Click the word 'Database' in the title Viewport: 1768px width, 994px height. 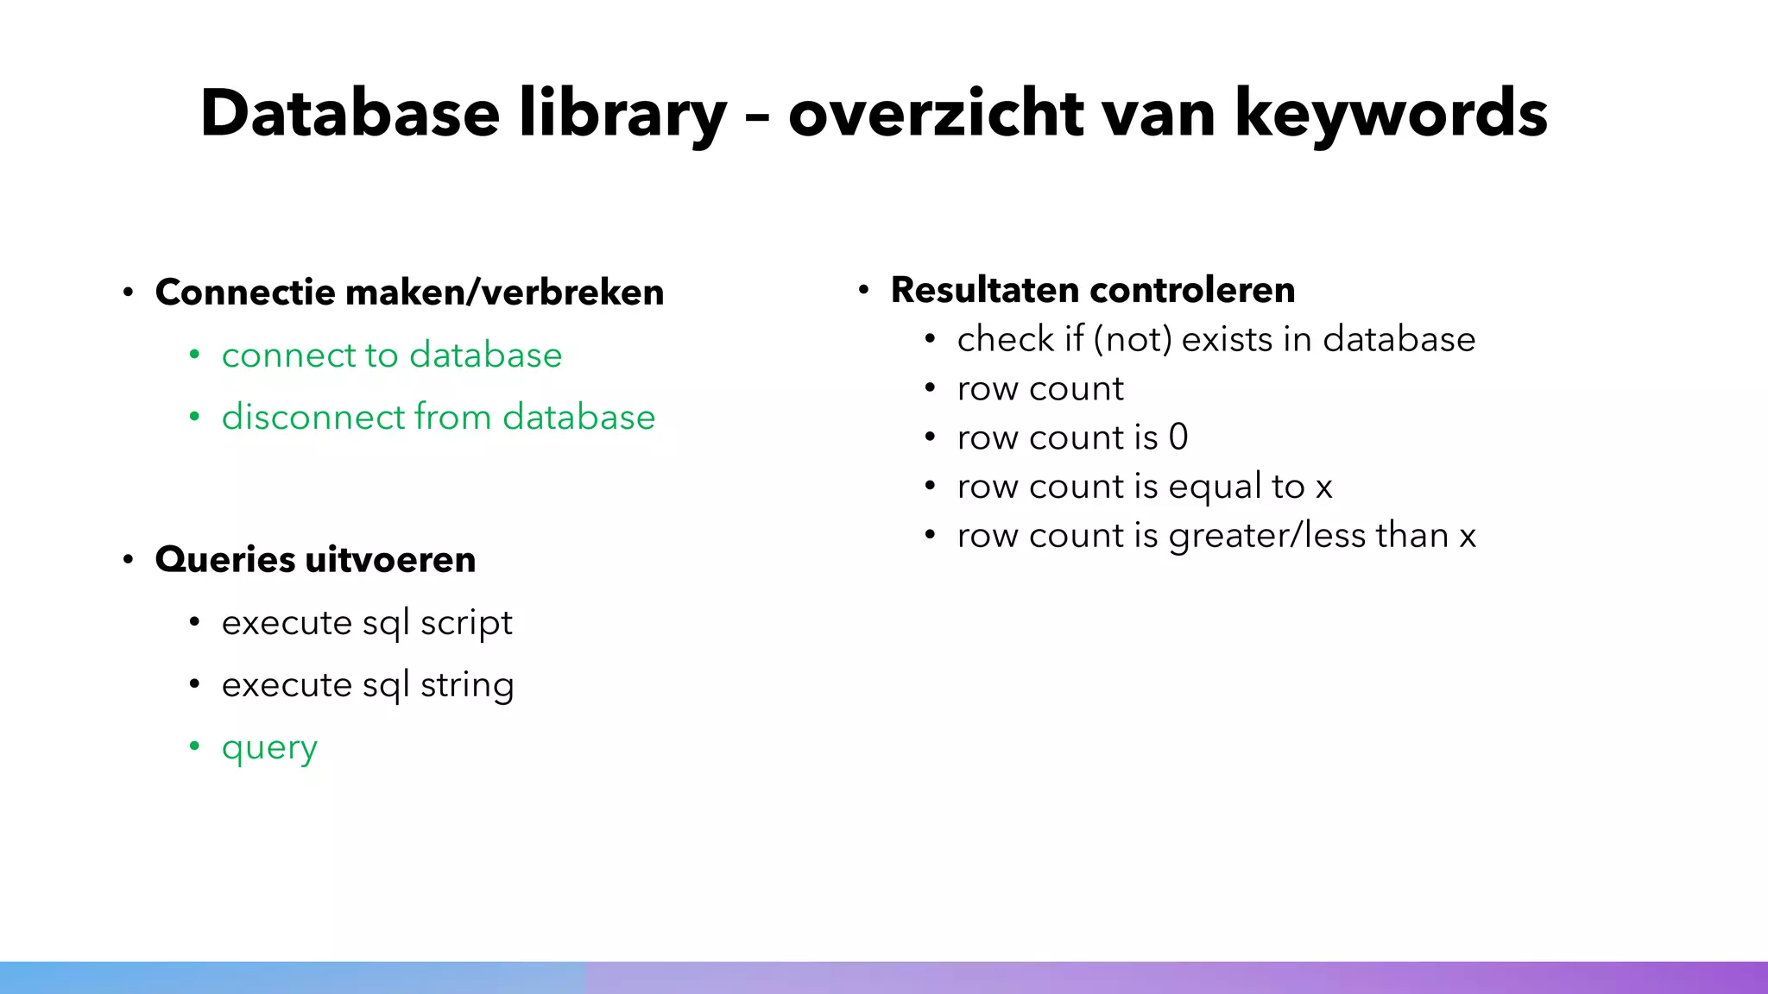[350, 113]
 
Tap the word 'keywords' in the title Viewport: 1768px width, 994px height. [1391, 113]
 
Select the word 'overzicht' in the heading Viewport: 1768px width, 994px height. [937, 113]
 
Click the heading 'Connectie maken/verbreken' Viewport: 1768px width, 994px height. [409, 293]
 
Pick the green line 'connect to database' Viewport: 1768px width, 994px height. [392, 355]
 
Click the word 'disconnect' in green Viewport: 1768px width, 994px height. [313, 418]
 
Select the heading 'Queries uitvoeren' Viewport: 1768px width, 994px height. [315, 560]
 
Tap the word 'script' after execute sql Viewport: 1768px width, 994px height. [466, 623]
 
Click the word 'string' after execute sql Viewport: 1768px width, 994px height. [467, 686]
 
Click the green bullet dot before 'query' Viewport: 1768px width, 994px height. [195, 745]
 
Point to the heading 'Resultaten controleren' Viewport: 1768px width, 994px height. [1093, 290]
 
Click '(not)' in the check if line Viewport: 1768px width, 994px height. [1133, 339]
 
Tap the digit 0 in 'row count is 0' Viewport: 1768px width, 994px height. [1178, 437]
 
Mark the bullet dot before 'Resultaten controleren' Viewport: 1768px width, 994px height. [863, 290]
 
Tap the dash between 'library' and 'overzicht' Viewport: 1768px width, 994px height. [757, 116]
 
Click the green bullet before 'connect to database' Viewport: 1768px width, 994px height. [195, 355]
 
